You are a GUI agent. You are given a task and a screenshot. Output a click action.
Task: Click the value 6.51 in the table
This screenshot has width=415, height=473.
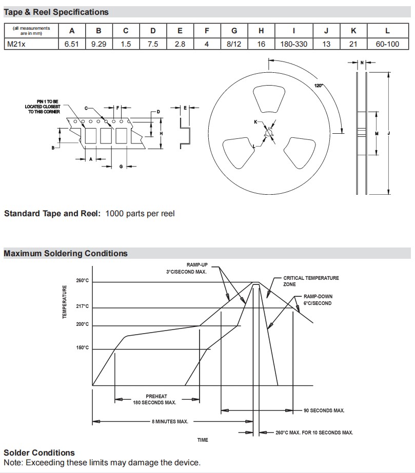coord(72,44)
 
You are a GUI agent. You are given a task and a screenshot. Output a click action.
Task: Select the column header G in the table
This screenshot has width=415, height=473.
coord(234,31)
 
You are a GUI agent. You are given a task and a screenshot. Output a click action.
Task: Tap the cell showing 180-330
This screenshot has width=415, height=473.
coord(293,44)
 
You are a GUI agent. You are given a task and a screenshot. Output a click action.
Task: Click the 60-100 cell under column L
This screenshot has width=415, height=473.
coord(387,44)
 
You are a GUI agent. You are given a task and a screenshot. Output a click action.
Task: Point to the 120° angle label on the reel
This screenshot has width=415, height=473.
coord(319,86)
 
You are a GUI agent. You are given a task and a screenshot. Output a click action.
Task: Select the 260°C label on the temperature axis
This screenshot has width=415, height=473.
coord(83,281)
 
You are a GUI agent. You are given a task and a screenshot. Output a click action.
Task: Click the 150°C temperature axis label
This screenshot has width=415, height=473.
coord(83,348)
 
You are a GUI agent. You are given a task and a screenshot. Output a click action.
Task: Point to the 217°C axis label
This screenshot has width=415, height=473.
coord(83,306)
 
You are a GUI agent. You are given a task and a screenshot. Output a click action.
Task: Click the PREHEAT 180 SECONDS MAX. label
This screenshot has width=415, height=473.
coord(154,399)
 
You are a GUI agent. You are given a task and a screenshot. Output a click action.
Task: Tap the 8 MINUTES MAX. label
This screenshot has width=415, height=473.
coord(170,421)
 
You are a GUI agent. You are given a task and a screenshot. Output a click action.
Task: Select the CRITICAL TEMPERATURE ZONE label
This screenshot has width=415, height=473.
coord(311,281)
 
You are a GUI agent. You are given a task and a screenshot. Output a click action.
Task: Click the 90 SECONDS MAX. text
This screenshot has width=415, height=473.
coord(324,410)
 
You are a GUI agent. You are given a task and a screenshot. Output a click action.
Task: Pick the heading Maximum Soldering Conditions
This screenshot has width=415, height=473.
coord(66,253)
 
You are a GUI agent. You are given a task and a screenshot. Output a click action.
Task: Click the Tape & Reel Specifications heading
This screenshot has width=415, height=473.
coord(56,12)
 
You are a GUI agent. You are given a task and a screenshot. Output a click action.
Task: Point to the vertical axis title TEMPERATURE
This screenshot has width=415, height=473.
coord(65,302)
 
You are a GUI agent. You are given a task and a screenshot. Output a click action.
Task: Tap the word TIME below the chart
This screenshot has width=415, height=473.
coord(203,440)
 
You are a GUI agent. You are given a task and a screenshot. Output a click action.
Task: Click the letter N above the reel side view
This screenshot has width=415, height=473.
coord(362,63)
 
